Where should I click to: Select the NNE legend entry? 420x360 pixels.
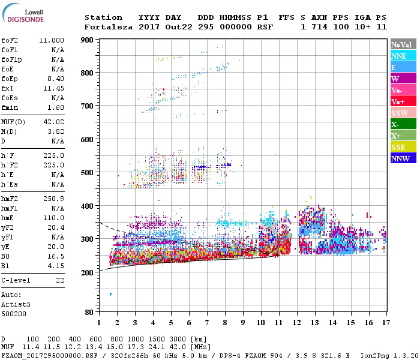pos(398,56)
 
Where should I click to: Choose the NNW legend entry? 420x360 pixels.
pos(400,158)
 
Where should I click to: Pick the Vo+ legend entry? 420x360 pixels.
pos(398,101)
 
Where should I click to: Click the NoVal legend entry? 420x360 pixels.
pos(401,44)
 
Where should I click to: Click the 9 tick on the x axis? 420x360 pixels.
pos(243,323)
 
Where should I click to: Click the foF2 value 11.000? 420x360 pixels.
pos(52,40)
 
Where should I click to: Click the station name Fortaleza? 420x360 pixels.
pos(107,27)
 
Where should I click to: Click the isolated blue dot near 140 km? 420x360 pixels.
pos(111,294)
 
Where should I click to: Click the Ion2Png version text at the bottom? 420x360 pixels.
pos(385,355)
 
